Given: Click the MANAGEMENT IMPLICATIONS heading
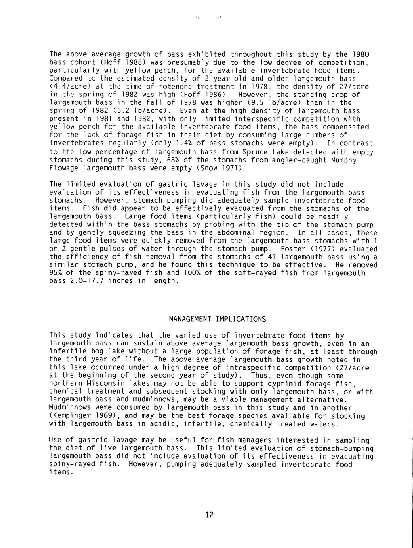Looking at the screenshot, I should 217,319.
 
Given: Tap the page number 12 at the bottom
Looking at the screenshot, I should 210,515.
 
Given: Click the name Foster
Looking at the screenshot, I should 293,249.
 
